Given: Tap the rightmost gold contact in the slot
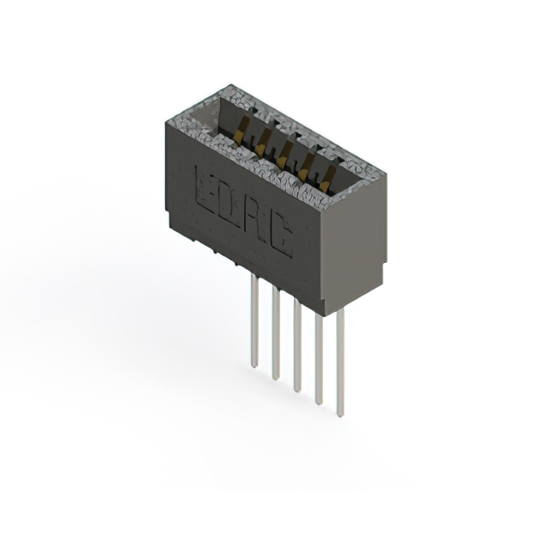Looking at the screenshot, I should pyautogui.click(x=325, y=177).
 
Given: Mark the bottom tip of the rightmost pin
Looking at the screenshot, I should pyautogui.click(x=340, y=414).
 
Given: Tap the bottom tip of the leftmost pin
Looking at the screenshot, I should pyautogui.click(x=254, y=365).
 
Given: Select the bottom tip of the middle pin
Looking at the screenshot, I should pyautogui.click(x=296, y=390).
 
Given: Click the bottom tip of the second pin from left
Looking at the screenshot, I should pyautogui.click(x=275, y=377).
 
